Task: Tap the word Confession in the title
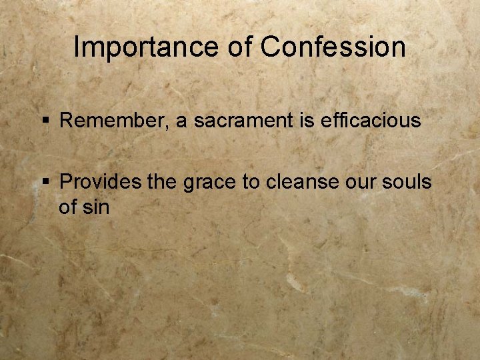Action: (333, 48)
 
